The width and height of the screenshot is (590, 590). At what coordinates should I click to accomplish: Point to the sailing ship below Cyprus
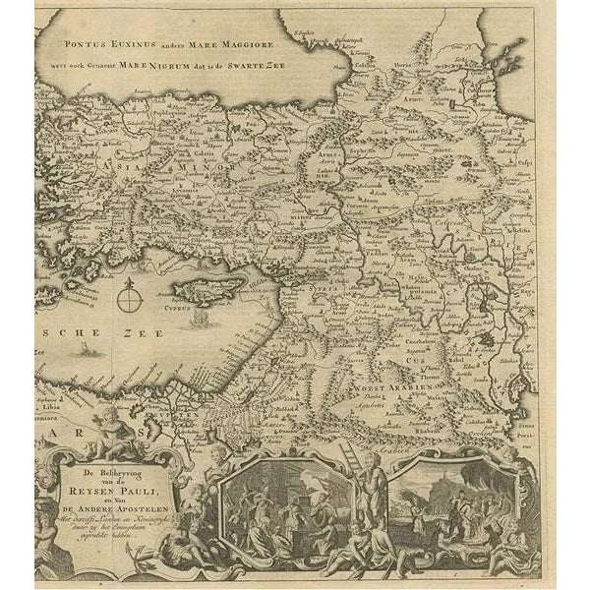click(x=202, y=320)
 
